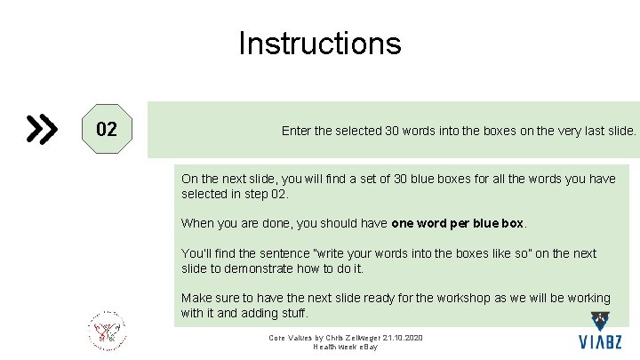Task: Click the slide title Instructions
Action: point(319,44)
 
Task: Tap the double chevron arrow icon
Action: point(42,130)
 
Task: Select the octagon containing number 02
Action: point(106,130)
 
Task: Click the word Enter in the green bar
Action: point(297,131)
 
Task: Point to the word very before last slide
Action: point(558,131)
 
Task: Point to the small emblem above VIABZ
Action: point(600,322)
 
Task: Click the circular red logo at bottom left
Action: point(107,332)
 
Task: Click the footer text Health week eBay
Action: point(346,347)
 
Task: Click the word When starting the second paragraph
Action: point(197,223)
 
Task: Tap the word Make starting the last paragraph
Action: point(196,298)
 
